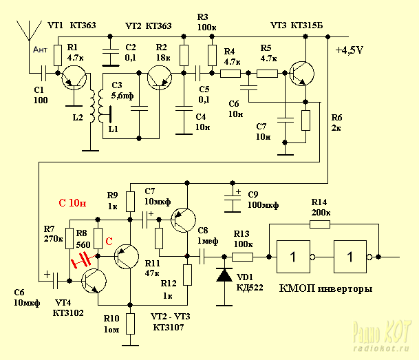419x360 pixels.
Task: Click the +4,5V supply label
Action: [350, 50]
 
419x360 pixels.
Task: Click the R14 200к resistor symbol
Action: [320, 223]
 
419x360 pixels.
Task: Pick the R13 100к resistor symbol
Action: [242, 257]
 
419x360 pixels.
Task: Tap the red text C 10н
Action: [72, 203]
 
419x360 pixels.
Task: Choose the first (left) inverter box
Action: [294, 257]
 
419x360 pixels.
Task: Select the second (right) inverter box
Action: [351, 257]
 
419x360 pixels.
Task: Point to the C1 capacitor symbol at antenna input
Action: [45, 72]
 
